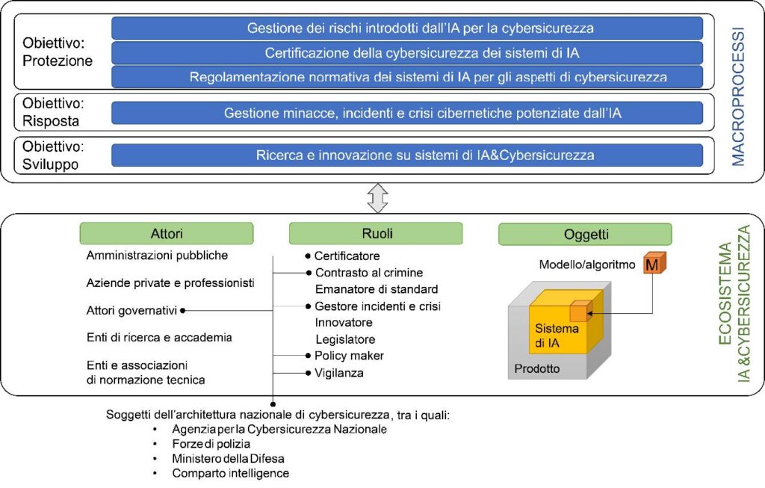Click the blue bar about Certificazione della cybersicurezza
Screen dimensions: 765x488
407,53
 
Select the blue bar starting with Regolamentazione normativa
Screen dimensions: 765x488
407,77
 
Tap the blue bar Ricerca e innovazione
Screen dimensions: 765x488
407,155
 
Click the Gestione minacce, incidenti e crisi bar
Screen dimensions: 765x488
407,113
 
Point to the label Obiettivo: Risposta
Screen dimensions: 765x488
53,112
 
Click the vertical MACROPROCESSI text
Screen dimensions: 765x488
737,96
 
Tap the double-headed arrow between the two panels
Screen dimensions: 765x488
377,198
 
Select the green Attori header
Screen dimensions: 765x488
167,234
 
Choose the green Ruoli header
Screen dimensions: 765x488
376,234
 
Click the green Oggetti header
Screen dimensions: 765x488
585,234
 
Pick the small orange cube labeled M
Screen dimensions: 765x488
654,263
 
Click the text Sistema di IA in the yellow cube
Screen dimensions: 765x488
557,336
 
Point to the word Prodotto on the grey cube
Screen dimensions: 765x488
536,368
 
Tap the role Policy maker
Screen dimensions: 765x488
349,356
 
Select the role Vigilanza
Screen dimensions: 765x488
338,373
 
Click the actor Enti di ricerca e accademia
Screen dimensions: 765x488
159,338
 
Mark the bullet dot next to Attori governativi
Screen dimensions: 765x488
182,310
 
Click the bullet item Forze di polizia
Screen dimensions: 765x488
211,444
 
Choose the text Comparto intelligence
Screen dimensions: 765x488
230,473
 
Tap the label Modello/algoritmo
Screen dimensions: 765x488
587,265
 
